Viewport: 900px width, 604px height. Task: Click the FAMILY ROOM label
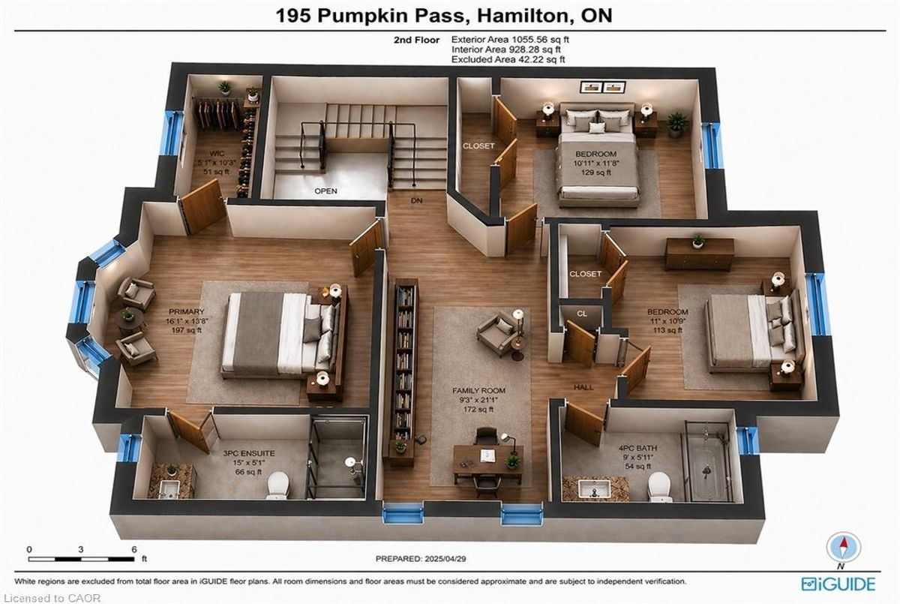(478, 391)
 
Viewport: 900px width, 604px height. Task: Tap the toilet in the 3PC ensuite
(278, 485)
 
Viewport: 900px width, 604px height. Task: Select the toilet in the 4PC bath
(660, 487)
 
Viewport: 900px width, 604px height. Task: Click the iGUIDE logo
(838, 584)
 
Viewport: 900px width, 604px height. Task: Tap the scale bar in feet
(81, 558)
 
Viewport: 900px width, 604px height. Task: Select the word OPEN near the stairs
(325, 191)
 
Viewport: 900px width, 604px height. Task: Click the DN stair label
(417, 200)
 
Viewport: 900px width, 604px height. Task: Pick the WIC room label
(217, 153)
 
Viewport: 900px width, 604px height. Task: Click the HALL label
(583, 387)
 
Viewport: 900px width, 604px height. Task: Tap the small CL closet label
(582, 314)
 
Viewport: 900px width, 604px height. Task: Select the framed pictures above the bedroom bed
(603, 87)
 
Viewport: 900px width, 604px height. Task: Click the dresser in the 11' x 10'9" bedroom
(700, 254)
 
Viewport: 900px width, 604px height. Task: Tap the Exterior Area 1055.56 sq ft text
(510, 40)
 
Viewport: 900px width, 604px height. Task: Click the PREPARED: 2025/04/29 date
(421, 558)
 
